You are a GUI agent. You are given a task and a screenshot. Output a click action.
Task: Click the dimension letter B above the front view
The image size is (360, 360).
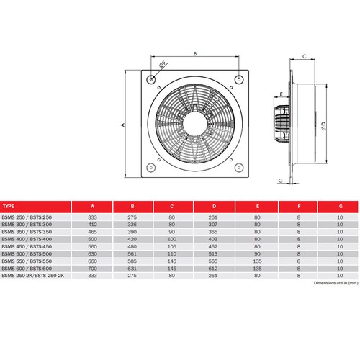[195, 53]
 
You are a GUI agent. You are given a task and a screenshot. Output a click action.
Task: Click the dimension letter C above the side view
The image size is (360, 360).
[305, 55]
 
